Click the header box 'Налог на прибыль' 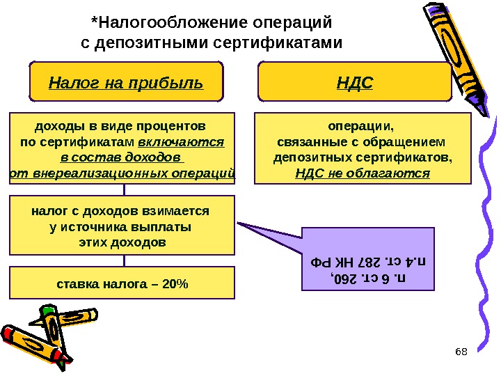pos(125,83)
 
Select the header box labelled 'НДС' pos(355,83)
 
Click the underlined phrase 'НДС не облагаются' pos(363,172)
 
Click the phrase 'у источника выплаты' pos(122,226)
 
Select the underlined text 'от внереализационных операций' pos(123,173)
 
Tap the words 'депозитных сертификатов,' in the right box pos(363,157)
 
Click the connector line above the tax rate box pos(125,260)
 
